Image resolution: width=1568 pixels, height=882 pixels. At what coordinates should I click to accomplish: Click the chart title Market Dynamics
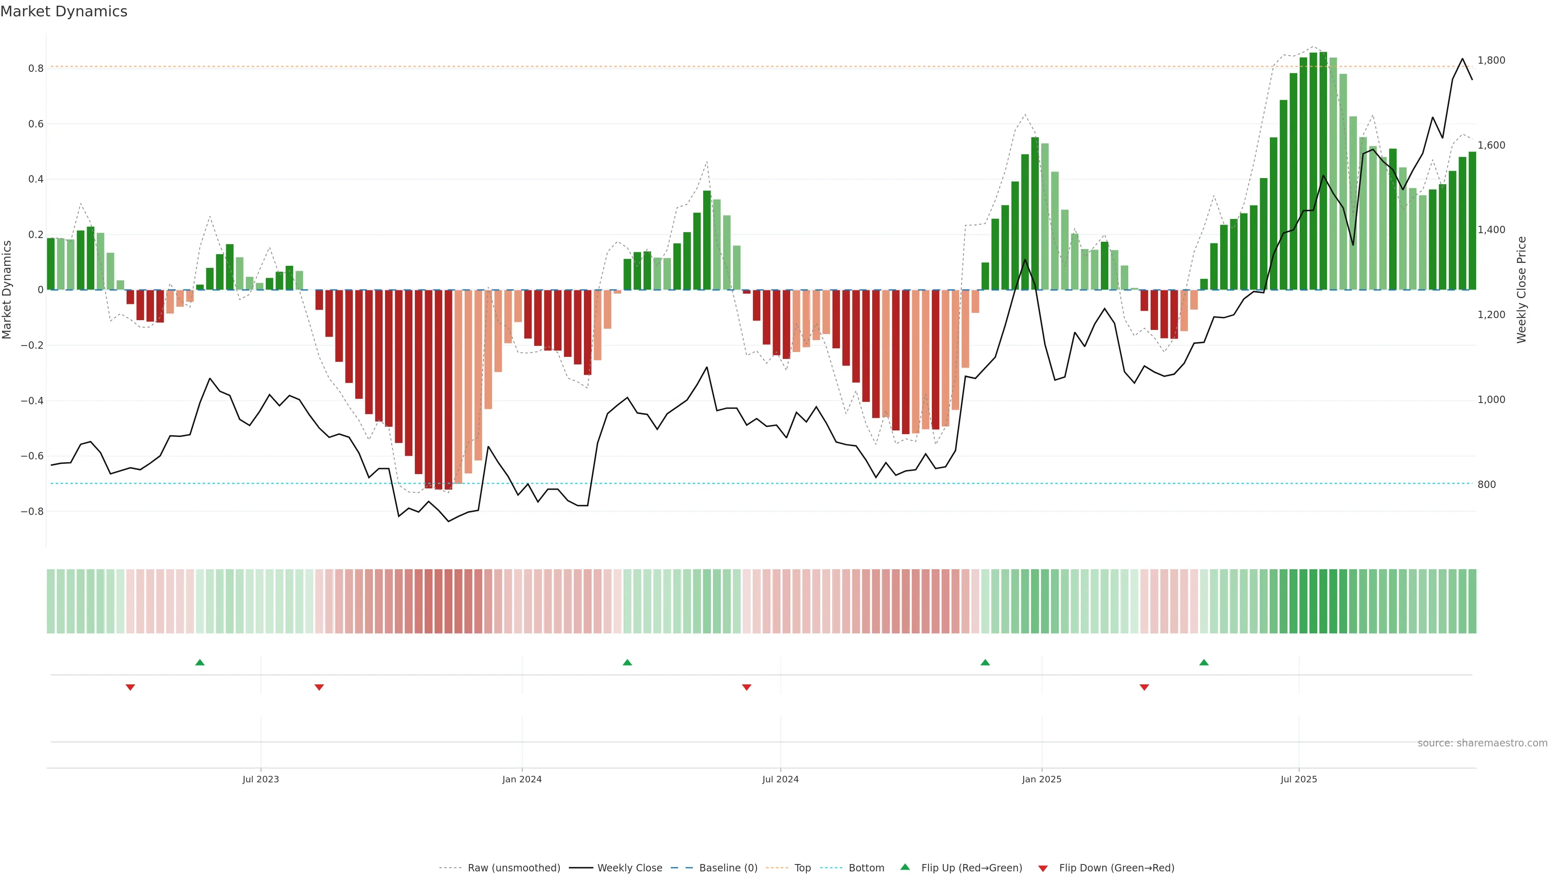pyautogui.click(x=64, y=11)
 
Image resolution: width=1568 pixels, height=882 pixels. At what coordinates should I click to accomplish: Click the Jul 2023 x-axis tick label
pyautogui.click(x=261, y=779)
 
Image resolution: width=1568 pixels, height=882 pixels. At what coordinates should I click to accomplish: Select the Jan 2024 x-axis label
pyautogui.click(x=522, y=779)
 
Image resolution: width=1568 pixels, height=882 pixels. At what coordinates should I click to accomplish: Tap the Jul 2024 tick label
pyautogui.click(x=780, y=779)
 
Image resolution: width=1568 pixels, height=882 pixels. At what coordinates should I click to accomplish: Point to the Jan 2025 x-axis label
pyautogui.click(x=1042, y=779)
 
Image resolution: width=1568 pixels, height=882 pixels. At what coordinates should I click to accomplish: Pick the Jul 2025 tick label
pyautogui.click(x=1298, y=779)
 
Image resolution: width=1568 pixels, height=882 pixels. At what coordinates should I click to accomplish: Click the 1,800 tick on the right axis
pyautogui.click(x=1491, y=60)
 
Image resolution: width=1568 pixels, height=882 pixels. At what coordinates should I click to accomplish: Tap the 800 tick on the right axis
pyautogui.click(x=1486, y=485)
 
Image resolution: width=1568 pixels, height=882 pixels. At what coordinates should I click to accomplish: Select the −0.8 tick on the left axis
pyautogui.click(x=32, y=511)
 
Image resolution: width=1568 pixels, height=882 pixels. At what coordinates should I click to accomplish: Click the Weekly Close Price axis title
pyautogui.click(x=1522, y=290)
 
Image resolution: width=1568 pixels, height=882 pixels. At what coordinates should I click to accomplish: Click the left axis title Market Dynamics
pyautogui.click(x=7, y=290)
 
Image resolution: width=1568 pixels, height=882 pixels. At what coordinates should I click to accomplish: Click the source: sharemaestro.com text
pyautogui.click(x=1482, y=743)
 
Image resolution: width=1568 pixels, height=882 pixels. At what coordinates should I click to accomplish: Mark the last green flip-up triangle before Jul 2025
pyautogui.click(x=1203, y=662)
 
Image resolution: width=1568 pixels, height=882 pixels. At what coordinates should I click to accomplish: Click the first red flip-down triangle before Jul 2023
pyautogui.click(x=130, y=687)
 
